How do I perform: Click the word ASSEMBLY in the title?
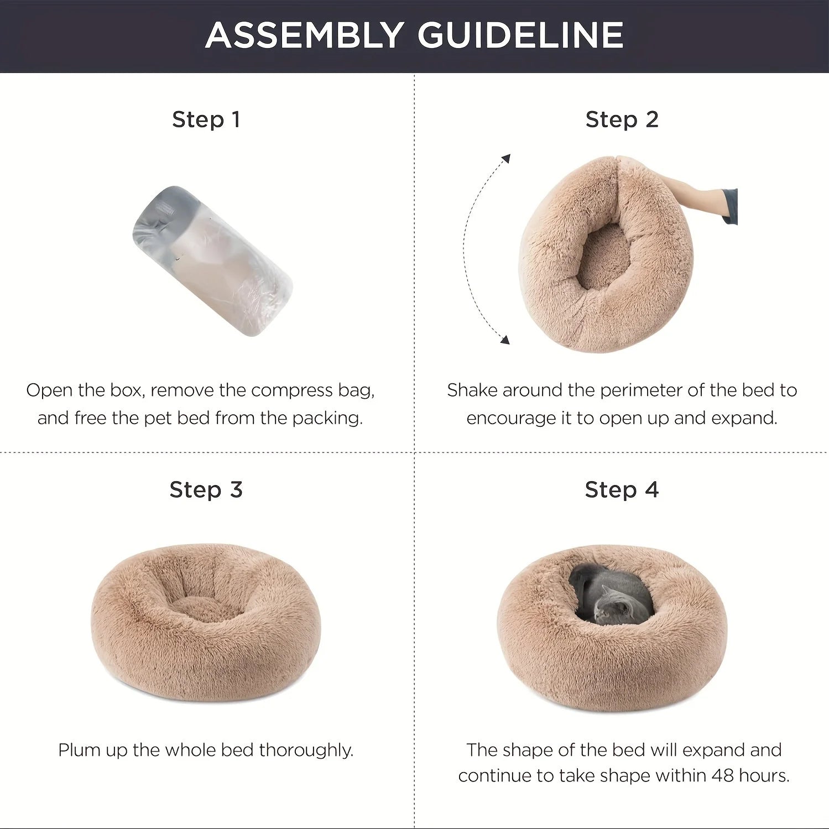pos(303,35)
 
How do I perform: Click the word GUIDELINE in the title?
pos(520,35)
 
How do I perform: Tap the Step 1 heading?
pos(206,119)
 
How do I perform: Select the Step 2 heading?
pos(622,119)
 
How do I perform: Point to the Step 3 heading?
pos(206,489)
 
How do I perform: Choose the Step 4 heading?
pos(622,489)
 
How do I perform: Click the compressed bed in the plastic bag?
pos(213,261)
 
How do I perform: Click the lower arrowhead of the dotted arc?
pos(504,339)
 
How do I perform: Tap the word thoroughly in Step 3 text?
pos(306,750)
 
